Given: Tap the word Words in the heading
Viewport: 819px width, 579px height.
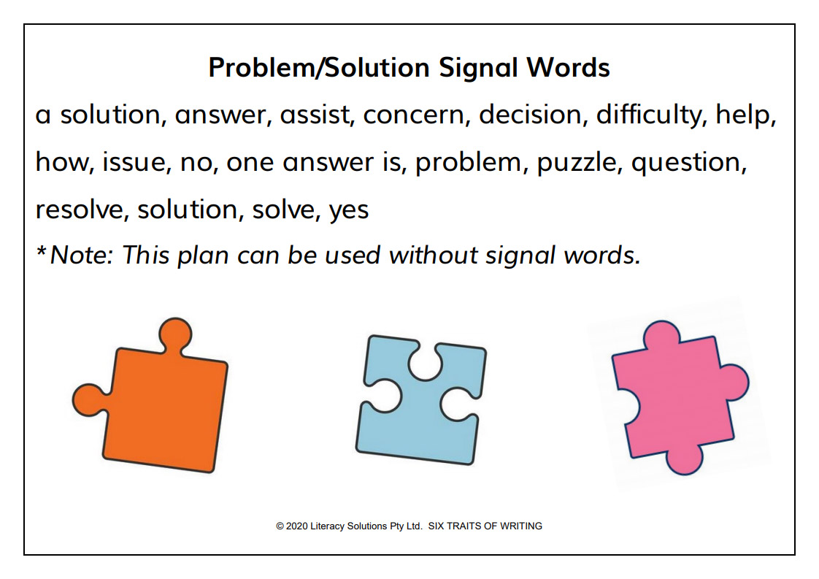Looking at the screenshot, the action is [568, 67].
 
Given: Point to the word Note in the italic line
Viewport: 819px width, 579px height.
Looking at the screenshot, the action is [82, 256].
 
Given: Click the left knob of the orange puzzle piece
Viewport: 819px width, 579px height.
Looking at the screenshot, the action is [89, 400].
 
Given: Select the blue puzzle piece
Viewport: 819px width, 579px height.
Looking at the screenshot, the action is [421, 400].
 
